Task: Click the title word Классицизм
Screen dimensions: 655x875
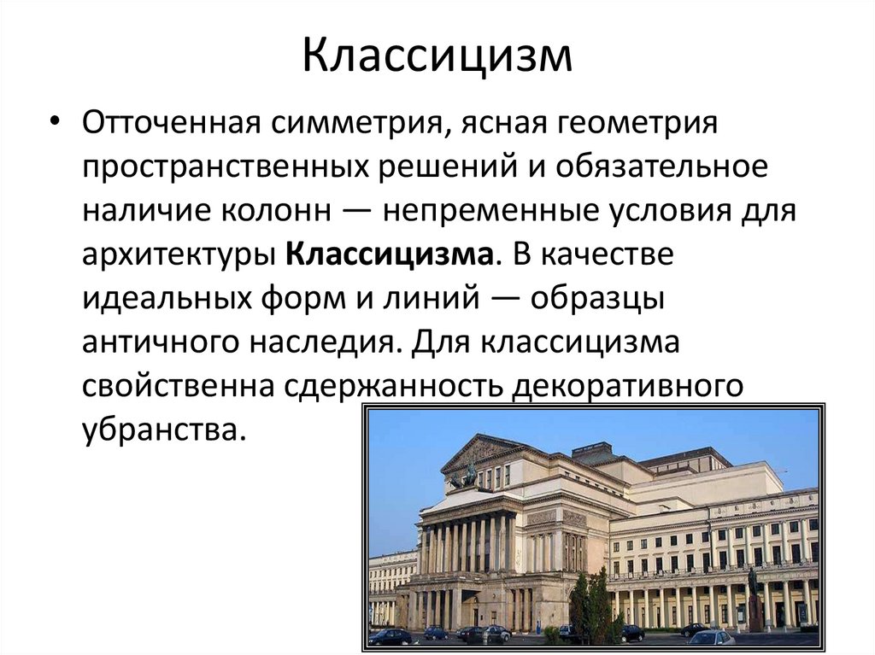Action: [x=437, y=57]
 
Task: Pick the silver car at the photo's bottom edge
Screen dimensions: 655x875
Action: [x=710, y=637]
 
